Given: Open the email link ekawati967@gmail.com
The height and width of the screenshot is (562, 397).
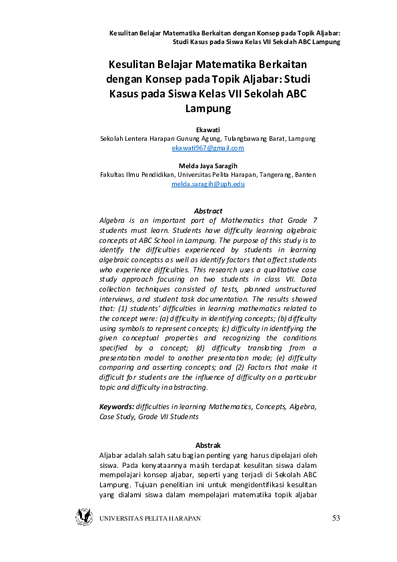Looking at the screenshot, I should pos(208,148).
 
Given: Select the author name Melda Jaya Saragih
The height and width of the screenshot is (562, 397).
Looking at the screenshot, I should pos(208,165).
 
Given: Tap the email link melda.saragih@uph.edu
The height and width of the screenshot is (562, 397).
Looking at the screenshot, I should pos(208,183).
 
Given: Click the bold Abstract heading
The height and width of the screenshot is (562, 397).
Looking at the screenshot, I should pos(208,211).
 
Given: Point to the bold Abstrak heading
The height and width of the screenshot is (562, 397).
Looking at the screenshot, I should pos(208,445).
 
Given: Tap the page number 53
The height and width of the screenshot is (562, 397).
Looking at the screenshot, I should pos(336,519).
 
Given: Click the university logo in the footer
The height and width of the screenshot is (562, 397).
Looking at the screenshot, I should pos(84,517).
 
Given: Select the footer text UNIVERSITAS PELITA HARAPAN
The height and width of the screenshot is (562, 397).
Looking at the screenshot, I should pos(149,519).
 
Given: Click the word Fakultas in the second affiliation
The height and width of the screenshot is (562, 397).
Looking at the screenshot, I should pos(114,174).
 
